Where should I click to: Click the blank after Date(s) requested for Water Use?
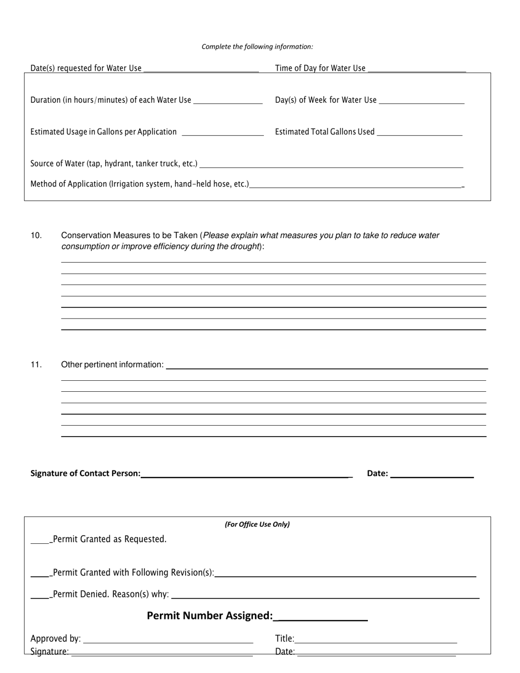(x=200, y=68)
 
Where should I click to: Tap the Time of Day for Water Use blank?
(x=417, y=68)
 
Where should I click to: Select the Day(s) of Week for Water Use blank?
(x=421, y=100)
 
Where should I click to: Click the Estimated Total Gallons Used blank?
(x=420, y=132)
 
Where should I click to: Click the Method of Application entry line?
(x=356, y=184)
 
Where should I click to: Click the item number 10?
(x=36, y=235)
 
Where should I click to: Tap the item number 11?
(x=36, y=364)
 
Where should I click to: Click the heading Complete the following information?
(x=257, y=47)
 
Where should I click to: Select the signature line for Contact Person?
(x=245, y=474)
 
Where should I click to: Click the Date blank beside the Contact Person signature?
(x=432, y=474)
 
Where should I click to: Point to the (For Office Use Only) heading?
(x=257, y=524)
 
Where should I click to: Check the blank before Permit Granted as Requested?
(x=40, y=540)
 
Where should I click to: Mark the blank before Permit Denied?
(x=40, y=595)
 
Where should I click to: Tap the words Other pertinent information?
(x=112, y=364)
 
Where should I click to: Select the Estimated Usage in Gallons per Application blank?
(x=222, y=132)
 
